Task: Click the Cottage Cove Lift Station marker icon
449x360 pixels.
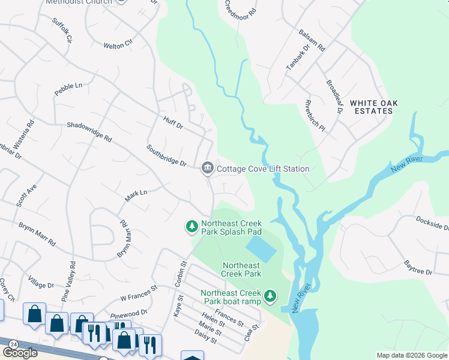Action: [x=208, y=169]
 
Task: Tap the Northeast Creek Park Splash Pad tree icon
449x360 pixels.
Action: [x=191, y=226]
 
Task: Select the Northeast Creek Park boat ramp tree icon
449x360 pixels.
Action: [x=271, y=295]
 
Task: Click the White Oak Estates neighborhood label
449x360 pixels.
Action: [x=374, y=107]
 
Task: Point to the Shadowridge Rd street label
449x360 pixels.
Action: [x=89, y=132]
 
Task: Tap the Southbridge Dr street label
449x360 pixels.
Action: [x=167, y=155]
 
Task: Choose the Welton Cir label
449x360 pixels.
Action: [x=118, y=45]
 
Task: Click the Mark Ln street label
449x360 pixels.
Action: [x=136, y=195]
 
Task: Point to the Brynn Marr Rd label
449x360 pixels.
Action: [x=37, y=235]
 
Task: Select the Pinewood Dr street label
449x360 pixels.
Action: [x=129, y=313]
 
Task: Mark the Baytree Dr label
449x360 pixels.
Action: [x=418, y=268]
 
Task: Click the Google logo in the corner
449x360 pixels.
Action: [x=20, y=353]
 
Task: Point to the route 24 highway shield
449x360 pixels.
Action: [x=13, y=344]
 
